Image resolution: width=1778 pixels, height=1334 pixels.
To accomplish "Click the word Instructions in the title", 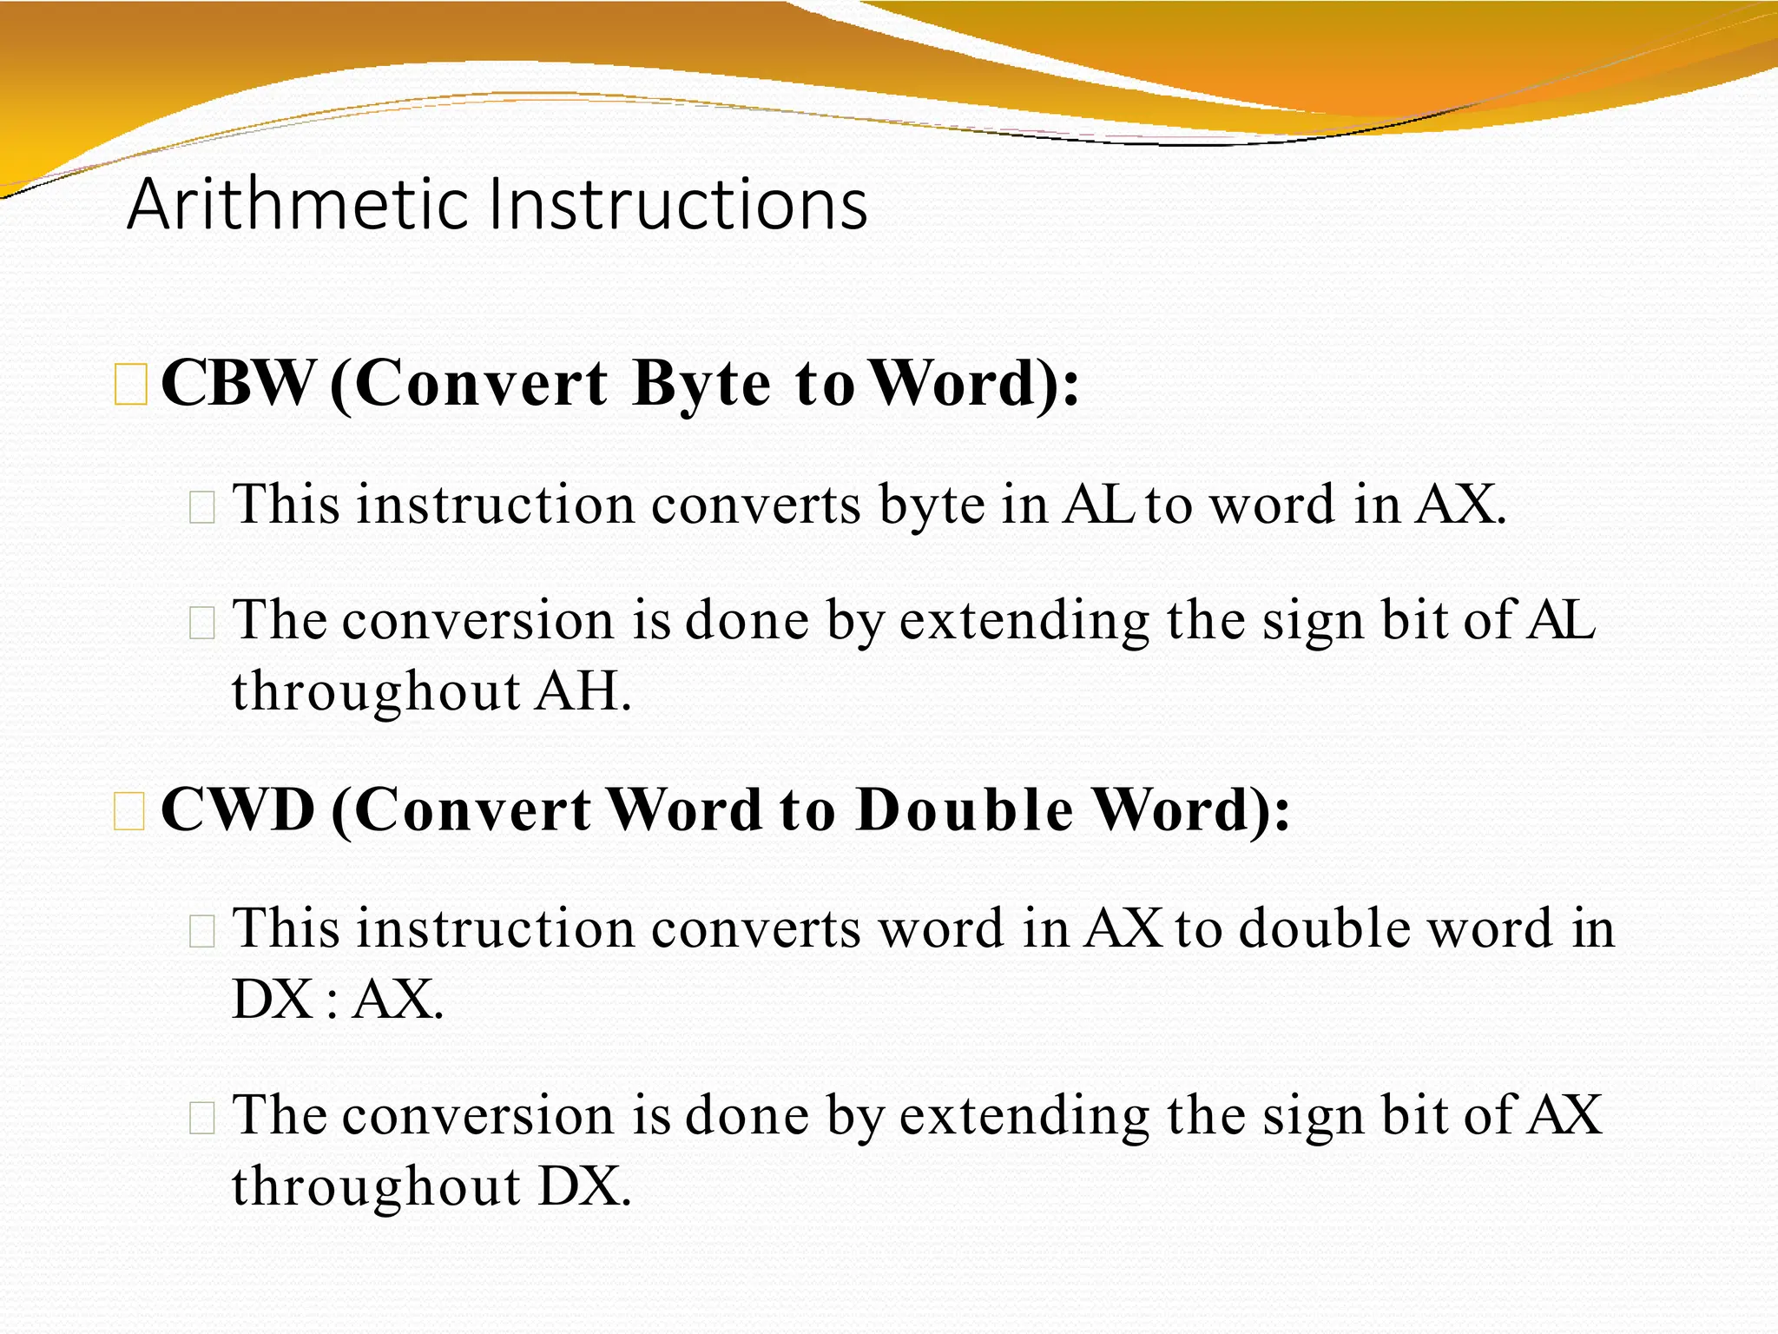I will pyautogui.click(x=677, y=205).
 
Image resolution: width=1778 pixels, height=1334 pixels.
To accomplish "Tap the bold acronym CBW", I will pyautogui.click(x=237, y=383).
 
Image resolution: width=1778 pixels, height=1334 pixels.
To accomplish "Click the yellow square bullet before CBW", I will pyautogui.click(x=131, y=386).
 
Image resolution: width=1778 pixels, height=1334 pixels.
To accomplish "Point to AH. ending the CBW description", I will pyautogui.click(x=583, y=692).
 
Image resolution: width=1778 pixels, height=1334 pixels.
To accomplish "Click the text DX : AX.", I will pyautogui.click(x=337, y=1000).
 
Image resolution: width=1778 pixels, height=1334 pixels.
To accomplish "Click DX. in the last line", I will pyautogui.click(x=584, y=1186).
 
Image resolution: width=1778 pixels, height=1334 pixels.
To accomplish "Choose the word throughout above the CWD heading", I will pyautogui.click(x=375, y=692).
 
